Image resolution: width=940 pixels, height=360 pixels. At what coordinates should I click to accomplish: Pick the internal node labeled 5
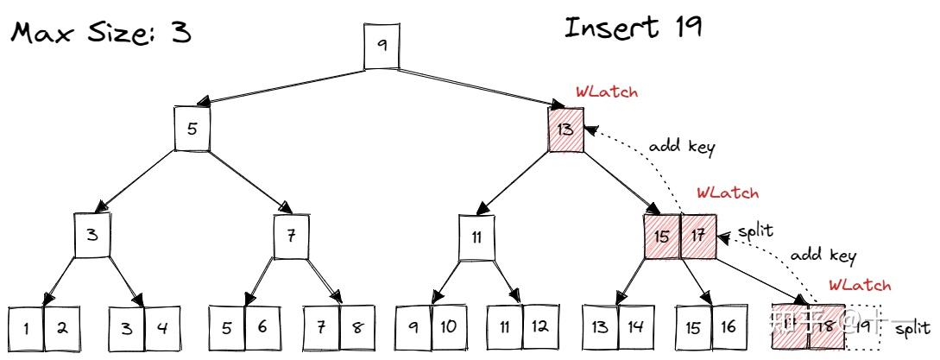pos(192,129)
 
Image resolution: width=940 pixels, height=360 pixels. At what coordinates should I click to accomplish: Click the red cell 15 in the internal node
pos(661,236)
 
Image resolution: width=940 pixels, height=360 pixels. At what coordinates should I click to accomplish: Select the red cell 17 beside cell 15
pos(698,236)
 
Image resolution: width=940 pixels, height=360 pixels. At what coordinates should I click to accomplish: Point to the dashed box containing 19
pos(862,328)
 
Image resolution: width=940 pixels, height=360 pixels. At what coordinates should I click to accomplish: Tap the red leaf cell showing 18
pos(826,328)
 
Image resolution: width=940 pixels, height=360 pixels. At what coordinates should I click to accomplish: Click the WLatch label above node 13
pos(607,92)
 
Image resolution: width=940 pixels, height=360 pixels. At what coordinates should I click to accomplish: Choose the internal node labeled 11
pos(476,236)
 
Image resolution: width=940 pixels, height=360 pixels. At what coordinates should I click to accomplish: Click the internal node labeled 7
pos(291,236)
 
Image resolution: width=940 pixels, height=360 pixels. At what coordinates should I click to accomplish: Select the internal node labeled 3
pos(93,236)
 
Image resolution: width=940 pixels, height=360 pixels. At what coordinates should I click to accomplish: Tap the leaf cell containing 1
pos(26,328)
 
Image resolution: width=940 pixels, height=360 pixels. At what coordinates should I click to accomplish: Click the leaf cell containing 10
pos(449,328)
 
